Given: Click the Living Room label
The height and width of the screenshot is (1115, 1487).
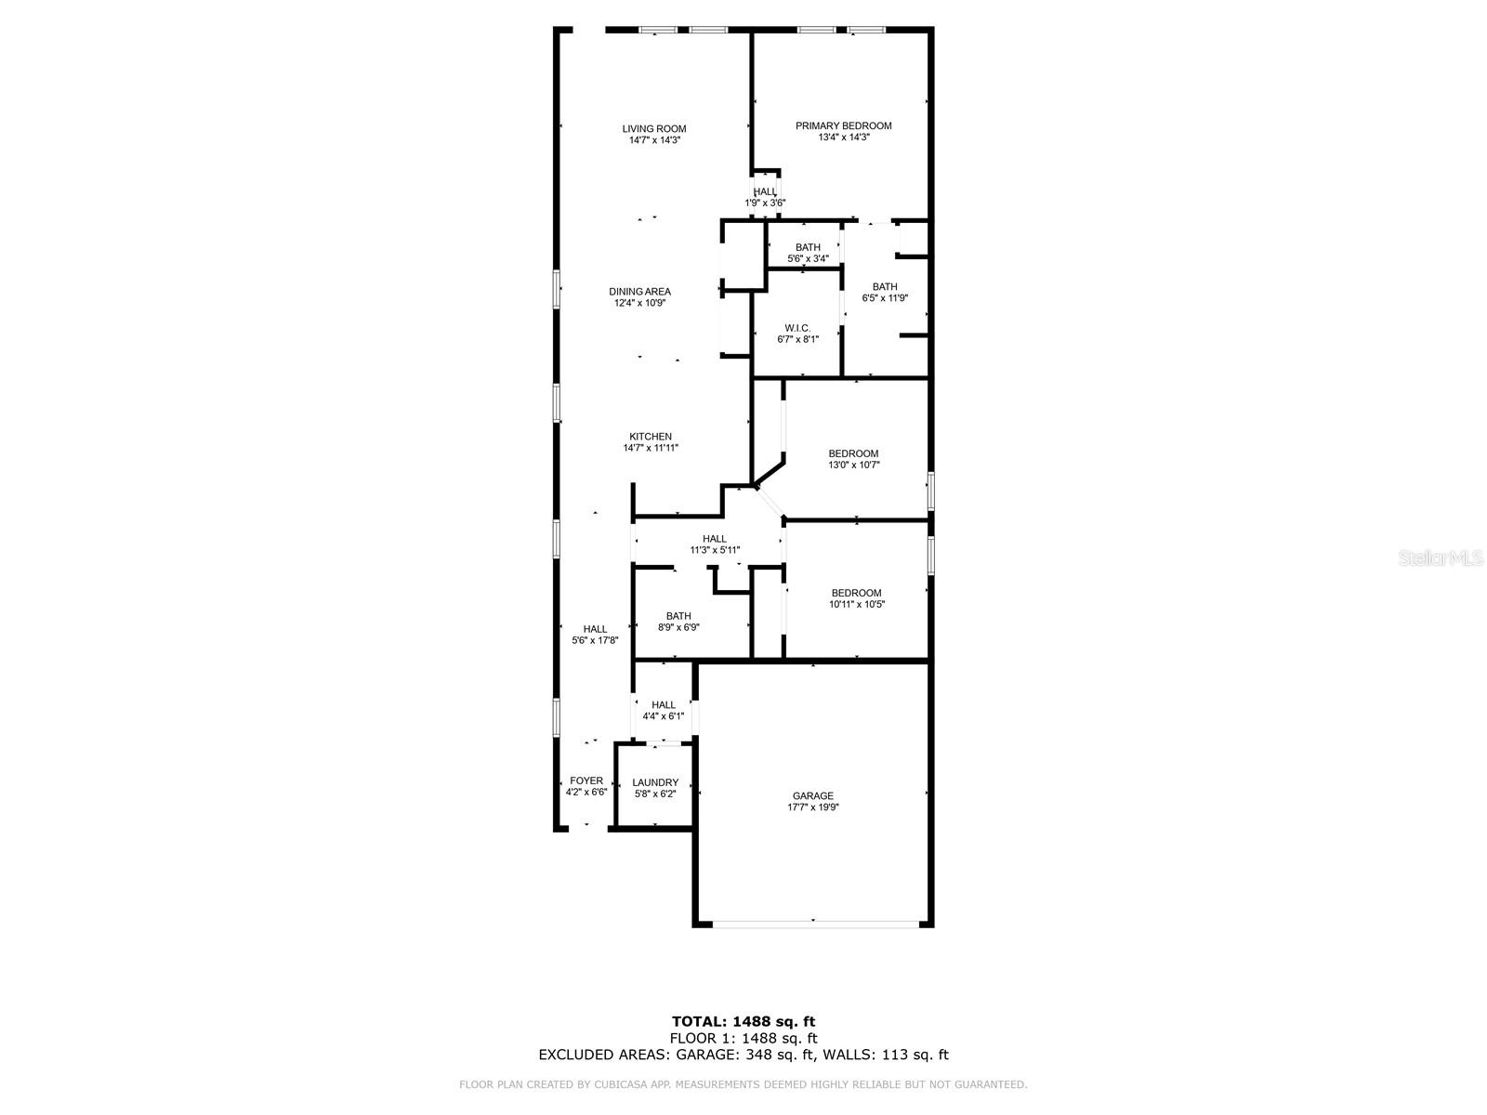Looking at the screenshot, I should [654, 129].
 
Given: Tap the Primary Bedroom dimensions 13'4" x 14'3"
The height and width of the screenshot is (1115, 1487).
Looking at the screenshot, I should [843, 138].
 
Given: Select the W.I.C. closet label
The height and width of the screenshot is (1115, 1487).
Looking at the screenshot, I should [797, 328].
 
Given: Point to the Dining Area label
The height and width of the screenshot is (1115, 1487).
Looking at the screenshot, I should [639, 292].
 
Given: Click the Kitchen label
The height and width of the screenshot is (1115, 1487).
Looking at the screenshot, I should [651, 437].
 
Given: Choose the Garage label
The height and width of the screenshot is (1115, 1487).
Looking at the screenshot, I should [812, 796].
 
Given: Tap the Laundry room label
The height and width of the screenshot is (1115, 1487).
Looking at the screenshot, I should [655, 782].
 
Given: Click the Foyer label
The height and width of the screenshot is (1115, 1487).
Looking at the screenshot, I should [586, 781].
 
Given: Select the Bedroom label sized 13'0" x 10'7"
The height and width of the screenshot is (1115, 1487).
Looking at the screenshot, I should [853, 454].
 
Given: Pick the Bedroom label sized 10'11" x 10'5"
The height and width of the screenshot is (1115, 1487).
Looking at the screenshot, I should [856, 593].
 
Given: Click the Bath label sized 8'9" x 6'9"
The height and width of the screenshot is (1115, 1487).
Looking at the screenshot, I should [678, 616].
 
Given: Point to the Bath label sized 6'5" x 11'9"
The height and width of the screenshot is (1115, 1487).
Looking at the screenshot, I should [885, 287].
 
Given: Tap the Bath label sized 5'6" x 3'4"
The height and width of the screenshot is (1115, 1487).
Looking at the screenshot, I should [808, 247].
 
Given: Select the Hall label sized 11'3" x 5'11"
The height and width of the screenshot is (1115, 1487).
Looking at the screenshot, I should [715, 539].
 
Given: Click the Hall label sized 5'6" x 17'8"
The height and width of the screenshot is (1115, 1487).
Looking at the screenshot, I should [595, 629].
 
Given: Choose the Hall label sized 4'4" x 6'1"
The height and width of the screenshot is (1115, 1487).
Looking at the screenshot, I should [664, 705].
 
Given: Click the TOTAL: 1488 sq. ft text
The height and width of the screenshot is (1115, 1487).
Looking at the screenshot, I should [743, 1022].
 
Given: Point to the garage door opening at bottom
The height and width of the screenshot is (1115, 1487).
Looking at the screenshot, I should [813, 923].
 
